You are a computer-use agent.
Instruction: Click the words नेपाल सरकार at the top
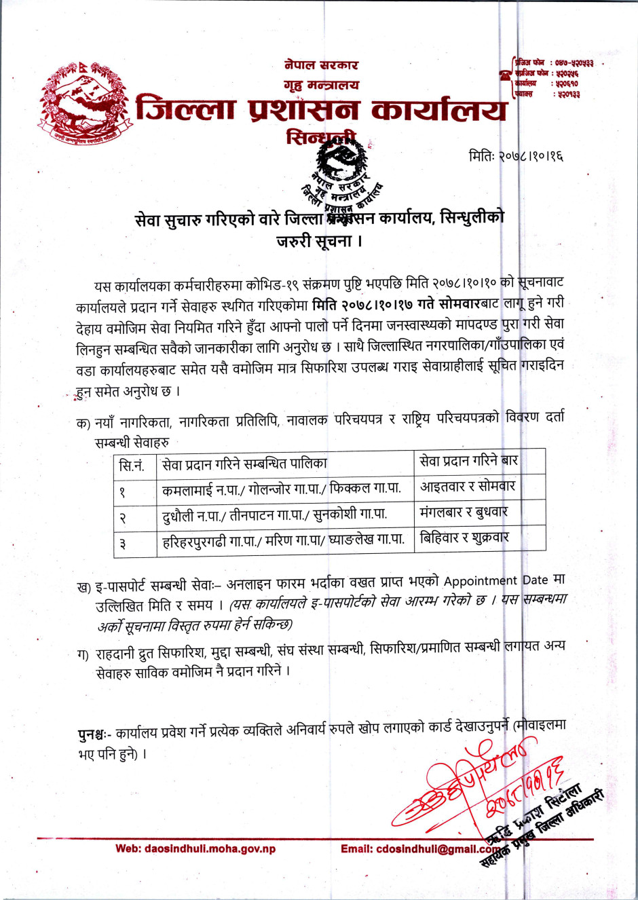click(321, 65)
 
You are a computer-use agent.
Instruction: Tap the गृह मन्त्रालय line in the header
click(321, 86)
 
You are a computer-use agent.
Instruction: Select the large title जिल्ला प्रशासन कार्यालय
click(321, 111)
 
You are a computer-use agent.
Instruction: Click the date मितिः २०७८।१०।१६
click(516, 156)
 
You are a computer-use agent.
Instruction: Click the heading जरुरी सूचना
click(319, 241)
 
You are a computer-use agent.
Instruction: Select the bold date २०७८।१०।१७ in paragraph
click(376, 304)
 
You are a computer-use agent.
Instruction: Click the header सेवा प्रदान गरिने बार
click(469, 461)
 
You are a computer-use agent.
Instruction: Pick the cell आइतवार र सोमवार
click(468, 487)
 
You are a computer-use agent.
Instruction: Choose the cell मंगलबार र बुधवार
click(464, 512)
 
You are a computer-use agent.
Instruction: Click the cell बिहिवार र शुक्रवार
click(464, 538)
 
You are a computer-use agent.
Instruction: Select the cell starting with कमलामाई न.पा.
click(281, 489)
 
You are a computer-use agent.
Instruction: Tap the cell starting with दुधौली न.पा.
click(274, 515)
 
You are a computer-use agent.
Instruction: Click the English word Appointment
click(480, 581)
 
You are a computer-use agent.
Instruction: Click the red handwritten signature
click(468, 787)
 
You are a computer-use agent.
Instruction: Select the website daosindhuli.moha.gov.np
click(195, 848)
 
